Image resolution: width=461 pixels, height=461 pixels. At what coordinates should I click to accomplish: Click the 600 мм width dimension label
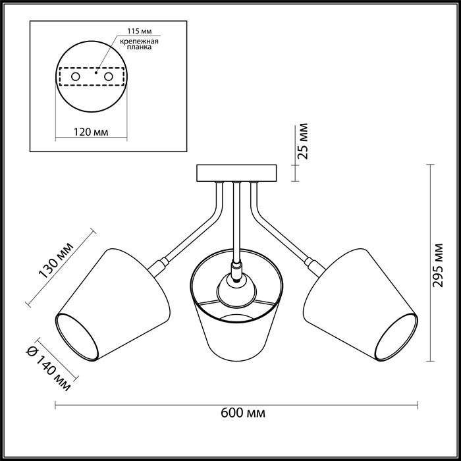click(x=243, y=413)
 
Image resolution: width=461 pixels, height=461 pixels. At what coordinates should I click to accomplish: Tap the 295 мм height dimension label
click(x=438, y=265)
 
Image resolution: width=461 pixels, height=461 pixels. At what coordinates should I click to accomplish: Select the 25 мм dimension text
click(x=303, y=141)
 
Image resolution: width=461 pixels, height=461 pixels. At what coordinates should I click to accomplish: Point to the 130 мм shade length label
click(x=56, y=260)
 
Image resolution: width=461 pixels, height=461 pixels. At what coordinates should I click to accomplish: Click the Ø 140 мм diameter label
click(x=49, y=369)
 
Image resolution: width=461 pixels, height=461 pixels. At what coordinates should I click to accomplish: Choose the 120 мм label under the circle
click(x=91, y=132)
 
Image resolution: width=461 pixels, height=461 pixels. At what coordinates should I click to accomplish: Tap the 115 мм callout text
click(x=140, y=31)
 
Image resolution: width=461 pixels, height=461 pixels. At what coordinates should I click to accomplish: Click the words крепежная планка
click(x=140, y=44)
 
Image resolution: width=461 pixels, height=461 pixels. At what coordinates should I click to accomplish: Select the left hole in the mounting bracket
click(x=76, y=77)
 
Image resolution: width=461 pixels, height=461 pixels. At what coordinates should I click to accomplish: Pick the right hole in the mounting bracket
click(x=108, y=77)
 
